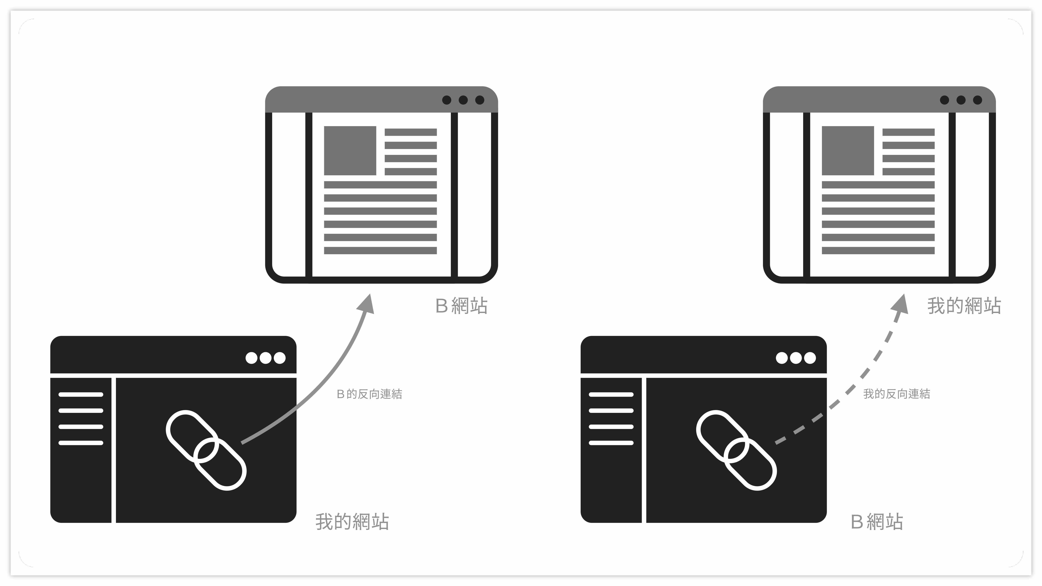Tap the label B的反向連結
pyautogui.click(x=369, y=394)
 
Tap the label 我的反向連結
pyautogui.click(x=896, y=394)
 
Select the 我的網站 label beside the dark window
pyautogui.click(x=352, y=522)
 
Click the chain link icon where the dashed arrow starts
pyautogui.click(x=736, y=450)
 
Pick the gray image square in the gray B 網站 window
pyautogui.click(x=350, y=150)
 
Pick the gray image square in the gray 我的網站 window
pyautogui.click(x=847, y=150)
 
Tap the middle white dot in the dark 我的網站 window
pyautogui.click(x=265, y=358)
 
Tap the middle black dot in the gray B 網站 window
pyautogui.click(x=463, y=100)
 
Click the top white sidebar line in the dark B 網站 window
pyautogui.click(x=611, y=394)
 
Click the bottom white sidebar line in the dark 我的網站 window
pyautogui.click(x=81, y=443)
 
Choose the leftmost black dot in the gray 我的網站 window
pyautogui.click(x=944, y=100)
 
